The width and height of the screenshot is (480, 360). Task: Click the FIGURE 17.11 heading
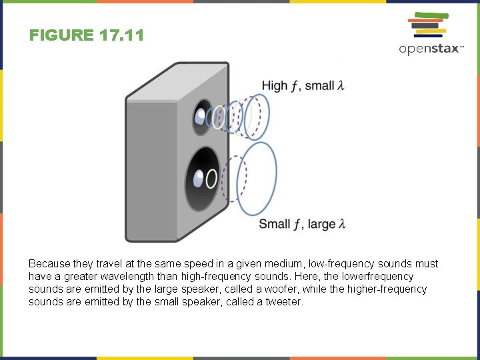[x=87, y=35]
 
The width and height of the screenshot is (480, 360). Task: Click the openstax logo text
[x=431, y=49]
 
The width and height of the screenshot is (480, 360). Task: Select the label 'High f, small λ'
[x=303, y=85]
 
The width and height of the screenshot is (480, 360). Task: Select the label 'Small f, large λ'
[x=302, y=224]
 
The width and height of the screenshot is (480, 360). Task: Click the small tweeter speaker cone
[x=201, y=117]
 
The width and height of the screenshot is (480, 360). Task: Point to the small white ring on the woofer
[x=211, y=179]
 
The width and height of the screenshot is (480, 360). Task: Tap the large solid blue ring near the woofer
[x=257, y=179]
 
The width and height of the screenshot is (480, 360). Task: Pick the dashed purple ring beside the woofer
[x=234, y=179]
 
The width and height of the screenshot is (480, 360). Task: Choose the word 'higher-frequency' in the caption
[x=388, y=289]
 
